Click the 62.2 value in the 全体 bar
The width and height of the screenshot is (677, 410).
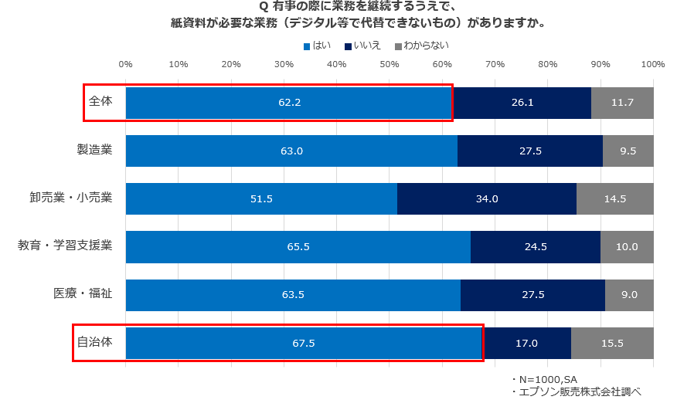click(289, 102)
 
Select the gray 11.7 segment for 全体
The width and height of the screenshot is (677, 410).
click(622, 103)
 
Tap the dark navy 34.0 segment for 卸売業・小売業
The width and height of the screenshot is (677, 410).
click(487, 198)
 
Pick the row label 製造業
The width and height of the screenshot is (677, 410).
click(94, 149)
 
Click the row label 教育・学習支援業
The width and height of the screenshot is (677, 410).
click(65, 245)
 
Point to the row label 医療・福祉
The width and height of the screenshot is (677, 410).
click(83, 293)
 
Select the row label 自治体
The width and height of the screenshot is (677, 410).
click(94, 342)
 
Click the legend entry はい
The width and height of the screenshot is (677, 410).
click(318, 46)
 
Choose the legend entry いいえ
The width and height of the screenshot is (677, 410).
click(362, 46)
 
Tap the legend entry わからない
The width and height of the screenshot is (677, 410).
click(422, 46)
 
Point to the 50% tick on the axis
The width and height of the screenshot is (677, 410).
click(390, 64)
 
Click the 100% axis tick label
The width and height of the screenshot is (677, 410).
click(653, 64)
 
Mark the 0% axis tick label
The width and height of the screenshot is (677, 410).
click(126, 64)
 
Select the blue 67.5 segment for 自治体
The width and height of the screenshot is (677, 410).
click(304, 343)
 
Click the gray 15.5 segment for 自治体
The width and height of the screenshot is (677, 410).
click(612, 343)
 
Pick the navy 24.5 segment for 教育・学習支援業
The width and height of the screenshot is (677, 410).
click(536, 246)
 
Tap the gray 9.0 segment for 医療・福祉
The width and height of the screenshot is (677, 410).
click(629, 295)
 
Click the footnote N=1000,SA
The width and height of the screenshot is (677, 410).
click(544, 379)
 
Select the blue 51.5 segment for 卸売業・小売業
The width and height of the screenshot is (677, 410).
click(261, 198)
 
